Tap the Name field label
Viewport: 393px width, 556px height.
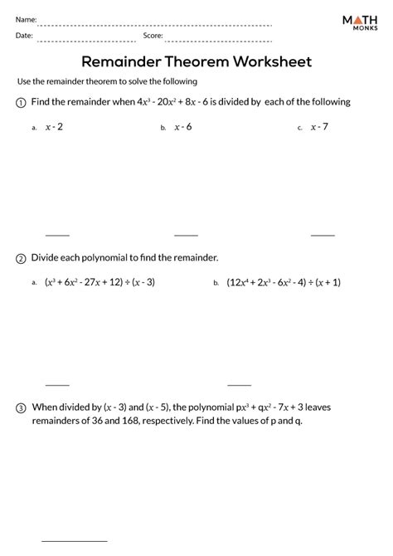26,18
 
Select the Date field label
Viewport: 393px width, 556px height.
24,36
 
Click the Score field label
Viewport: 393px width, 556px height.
153,36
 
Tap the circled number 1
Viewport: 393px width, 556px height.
21,103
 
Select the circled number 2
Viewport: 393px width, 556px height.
21,259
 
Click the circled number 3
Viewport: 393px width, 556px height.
21,408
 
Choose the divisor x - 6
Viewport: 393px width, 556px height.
182,127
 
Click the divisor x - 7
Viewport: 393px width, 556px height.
319,127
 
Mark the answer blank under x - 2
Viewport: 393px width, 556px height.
57,235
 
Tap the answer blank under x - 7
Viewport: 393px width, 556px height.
323,235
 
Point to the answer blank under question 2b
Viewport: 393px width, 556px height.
239,384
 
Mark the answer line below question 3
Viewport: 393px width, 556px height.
71,542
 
